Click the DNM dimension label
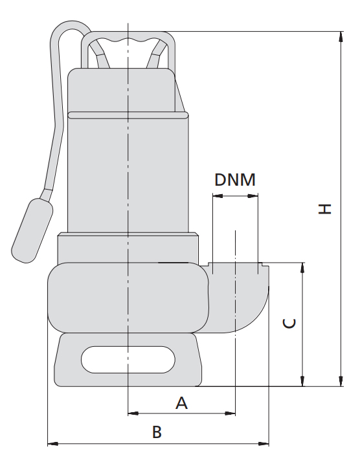tap(235, 180)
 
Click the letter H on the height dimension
tap(325, 209)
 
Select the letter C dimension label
tap(289, 324)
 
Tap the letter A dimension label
tap(181, 402)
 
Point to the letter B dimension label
tap(157, 432)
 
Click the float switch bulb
tap(32, 230)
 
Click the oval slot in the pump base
tap(128, 360)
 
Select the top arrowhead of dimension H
tap(341, 36)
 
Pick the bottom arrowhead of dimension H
tap(341, 381)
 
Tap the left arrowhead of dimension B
tap(53, 444)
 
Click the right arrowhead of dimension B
tap(264, 444)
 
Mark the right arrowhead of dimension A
tap(231, 413)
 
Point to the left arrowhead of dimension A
tap(133, 413)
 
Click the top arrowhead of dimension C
tap(302, 268)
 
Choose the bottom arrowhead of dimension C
tap(302, 381)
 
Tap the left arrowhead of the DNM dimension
tap(218, 196)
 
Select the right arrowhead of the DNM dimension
tap(253, 196)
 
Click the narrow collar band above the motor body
tap(128, 115)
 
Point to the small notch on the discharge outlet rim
tap(265, 265)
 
